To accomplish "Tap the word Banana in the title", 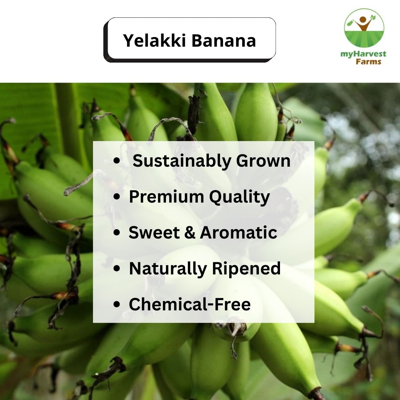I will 224,40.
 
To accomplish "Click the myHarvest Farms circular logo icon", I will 364,28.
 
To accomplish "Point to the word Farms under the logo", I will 368,61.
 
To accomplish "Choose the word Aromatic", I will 239,233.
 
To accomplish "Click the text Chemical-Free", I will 190,304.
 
